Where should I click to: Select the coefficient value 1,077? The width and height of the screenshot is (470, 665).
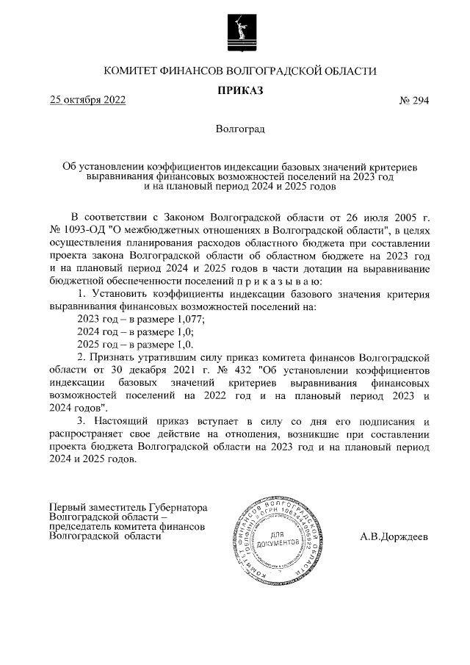pyautogui.click(x=188, y=319)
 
